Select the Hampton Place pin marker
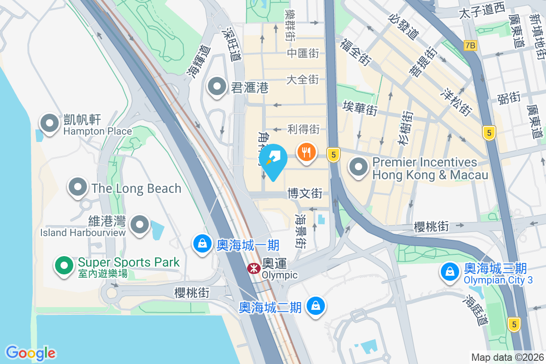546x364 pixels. [x=49, y=123]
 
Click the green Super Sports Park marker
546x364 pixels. [x=65, y=265]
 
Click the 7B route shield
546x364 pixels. [x=470, y=45]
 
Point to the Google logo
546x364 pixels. [x=30, y=353]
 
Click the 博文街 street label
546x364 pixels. [x=305, y=194]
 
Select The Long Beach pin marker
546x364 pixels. [x=78, y=187]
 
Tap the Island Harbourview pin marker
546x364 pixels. [x=140, y=224]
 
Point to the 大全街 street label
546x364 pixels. [x=303, y=80]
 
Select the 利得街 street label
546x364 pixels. [x=303, y=130]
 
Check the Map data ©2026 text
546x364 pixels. [x=507, y=357]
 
